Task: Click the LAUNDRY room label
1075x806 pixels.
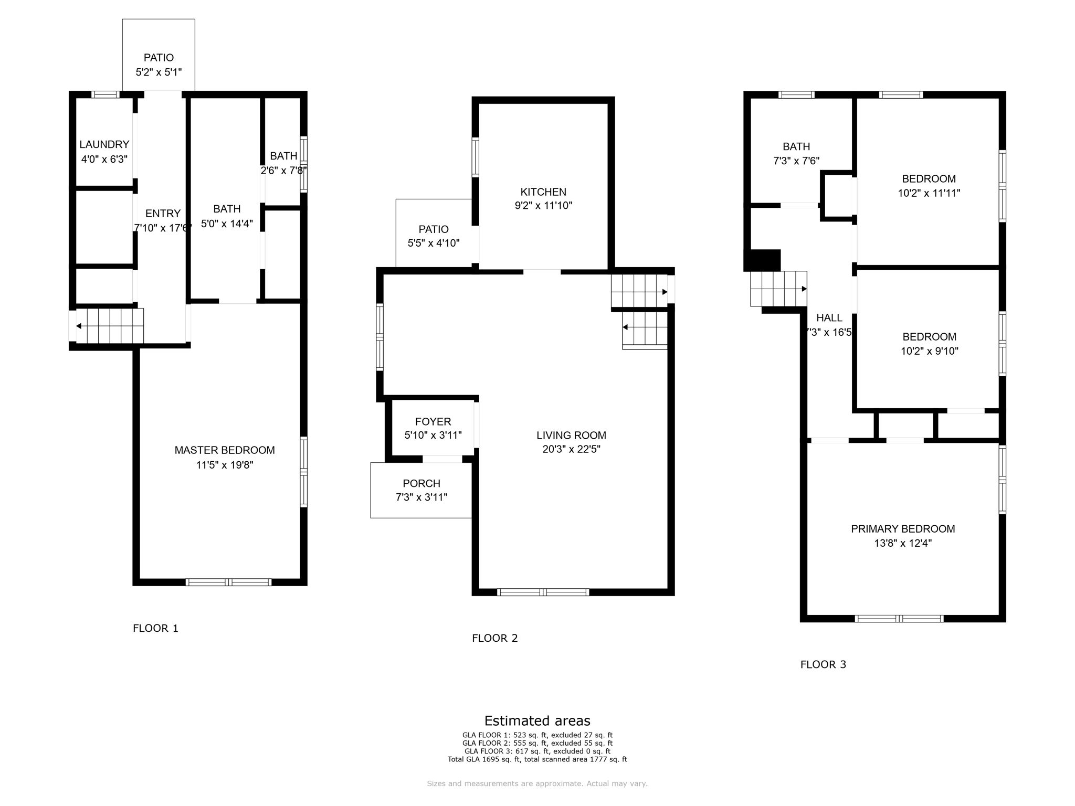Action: pos(104,144)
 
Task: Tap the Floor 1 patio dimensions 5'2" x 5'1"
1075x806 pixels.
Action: pos(159,72)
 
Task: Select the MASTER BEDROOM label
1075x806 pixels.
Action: pos(224,450)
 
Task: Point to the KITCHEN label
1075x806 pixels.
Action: pos(543,192)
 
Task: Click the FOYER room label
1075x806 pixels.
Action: pos(433,422)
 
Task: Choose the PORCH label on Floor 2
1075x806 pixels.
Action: pos(421,483)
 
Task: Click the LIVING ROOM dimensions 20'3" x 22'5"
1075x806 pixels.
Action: pos(571,449)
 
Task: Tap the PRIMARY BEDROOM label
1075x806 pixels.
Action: pos(902,529)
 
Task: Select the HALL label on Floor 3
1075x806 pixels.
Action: pos(829,318)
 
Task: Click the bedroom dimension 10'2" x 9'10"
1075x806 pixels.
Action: pos(929,351)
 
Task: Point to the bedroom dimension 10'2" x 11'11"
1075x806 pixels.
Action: pos(929,193)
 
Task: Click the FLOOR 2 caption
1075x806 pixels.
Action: pos(494,638)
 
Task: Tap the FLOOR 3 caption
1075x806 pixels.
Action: pos(823,664)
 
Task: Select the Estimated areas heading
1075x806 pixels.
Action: pos(537,720)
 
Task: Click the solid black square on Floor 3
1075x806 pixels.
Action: pos(765,260)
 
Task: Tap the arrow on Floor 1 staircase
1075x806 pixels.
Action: pos(79,326)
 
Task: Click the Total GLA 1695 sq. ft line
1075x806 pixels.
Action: pos(537,759)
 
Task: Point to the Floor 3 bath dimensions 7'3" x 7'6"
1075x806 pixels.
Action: pos(796,161)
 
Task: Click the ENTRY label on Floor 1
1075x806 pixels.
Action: pos(163,214)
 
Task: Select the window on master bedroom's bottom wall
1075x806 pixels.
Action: pos(228,582)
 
